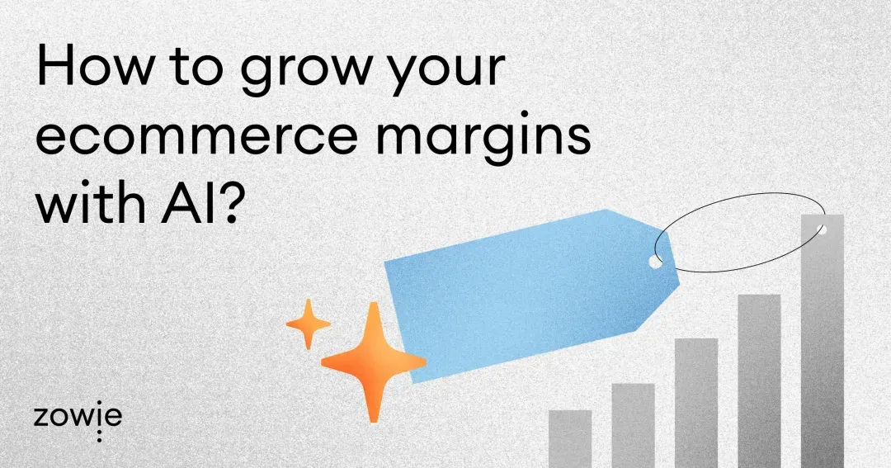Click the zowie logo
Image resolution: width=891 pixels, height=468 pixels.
coord(78,418)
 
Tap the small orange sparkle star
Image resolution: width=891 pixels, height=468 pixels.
coord(308,324)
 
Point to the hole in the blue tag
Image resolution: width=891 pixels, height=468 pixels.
coord(655,261)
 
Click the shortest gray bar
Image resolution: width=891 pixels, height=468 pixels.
coord(570,438)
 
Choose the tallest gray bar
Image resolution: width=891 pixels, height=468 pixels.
coord(822,347)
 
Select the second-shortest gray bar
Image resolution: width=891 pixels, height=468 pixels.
coord(633,425)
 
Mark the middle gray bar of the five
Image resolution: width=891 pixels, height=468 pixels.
coord(695,402)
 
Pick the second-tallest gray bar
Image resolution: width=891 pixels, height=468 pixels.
coord(759,380)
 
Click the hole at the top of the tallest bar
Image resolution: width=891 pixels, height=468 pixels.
coord(822,229)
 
